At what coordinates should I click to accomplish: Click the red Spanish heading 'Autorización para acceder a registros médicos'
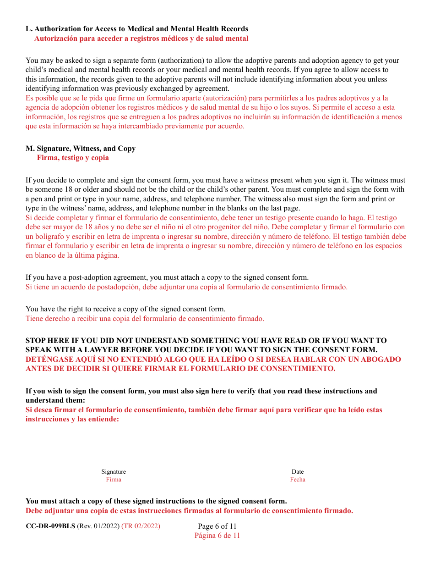pyautogui.click(x=141, y=39)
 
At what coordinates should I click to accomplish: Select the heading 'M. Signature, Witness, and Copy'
pyautogui.click(x=81, y=149)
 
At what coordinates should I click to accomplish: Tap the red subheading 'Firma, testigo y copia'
pyautogui.click(x=73, y=158)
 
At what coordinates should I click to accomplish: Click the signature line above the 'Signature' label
pyautogui.click(x=114, y=466)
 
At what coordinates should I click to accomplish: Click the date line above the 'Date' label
pyautogui.click(x=299, y=466)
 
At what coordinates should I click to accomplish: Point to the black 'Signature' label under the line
pyautogui.click(x=114, y=472)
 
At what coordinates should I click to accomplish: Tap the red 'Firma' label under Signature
pyautogui.click(x=114, y=480)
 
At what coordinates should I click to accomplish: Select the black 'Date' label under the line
pyautogui.click(x=298, y=472)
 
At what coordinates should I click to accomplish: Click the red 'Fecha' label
pyautogui.click(x=298, y=480)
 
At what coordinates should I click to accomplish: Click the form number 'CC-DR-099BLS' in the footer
pyautogui.click(x=50, y=526)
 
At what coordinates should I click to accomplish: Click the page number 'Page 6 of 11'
pyautogui.click(x=217, y=526)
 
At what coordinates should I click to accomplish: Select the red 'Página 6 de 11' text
pyautogui.click(x=217, y=536)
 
